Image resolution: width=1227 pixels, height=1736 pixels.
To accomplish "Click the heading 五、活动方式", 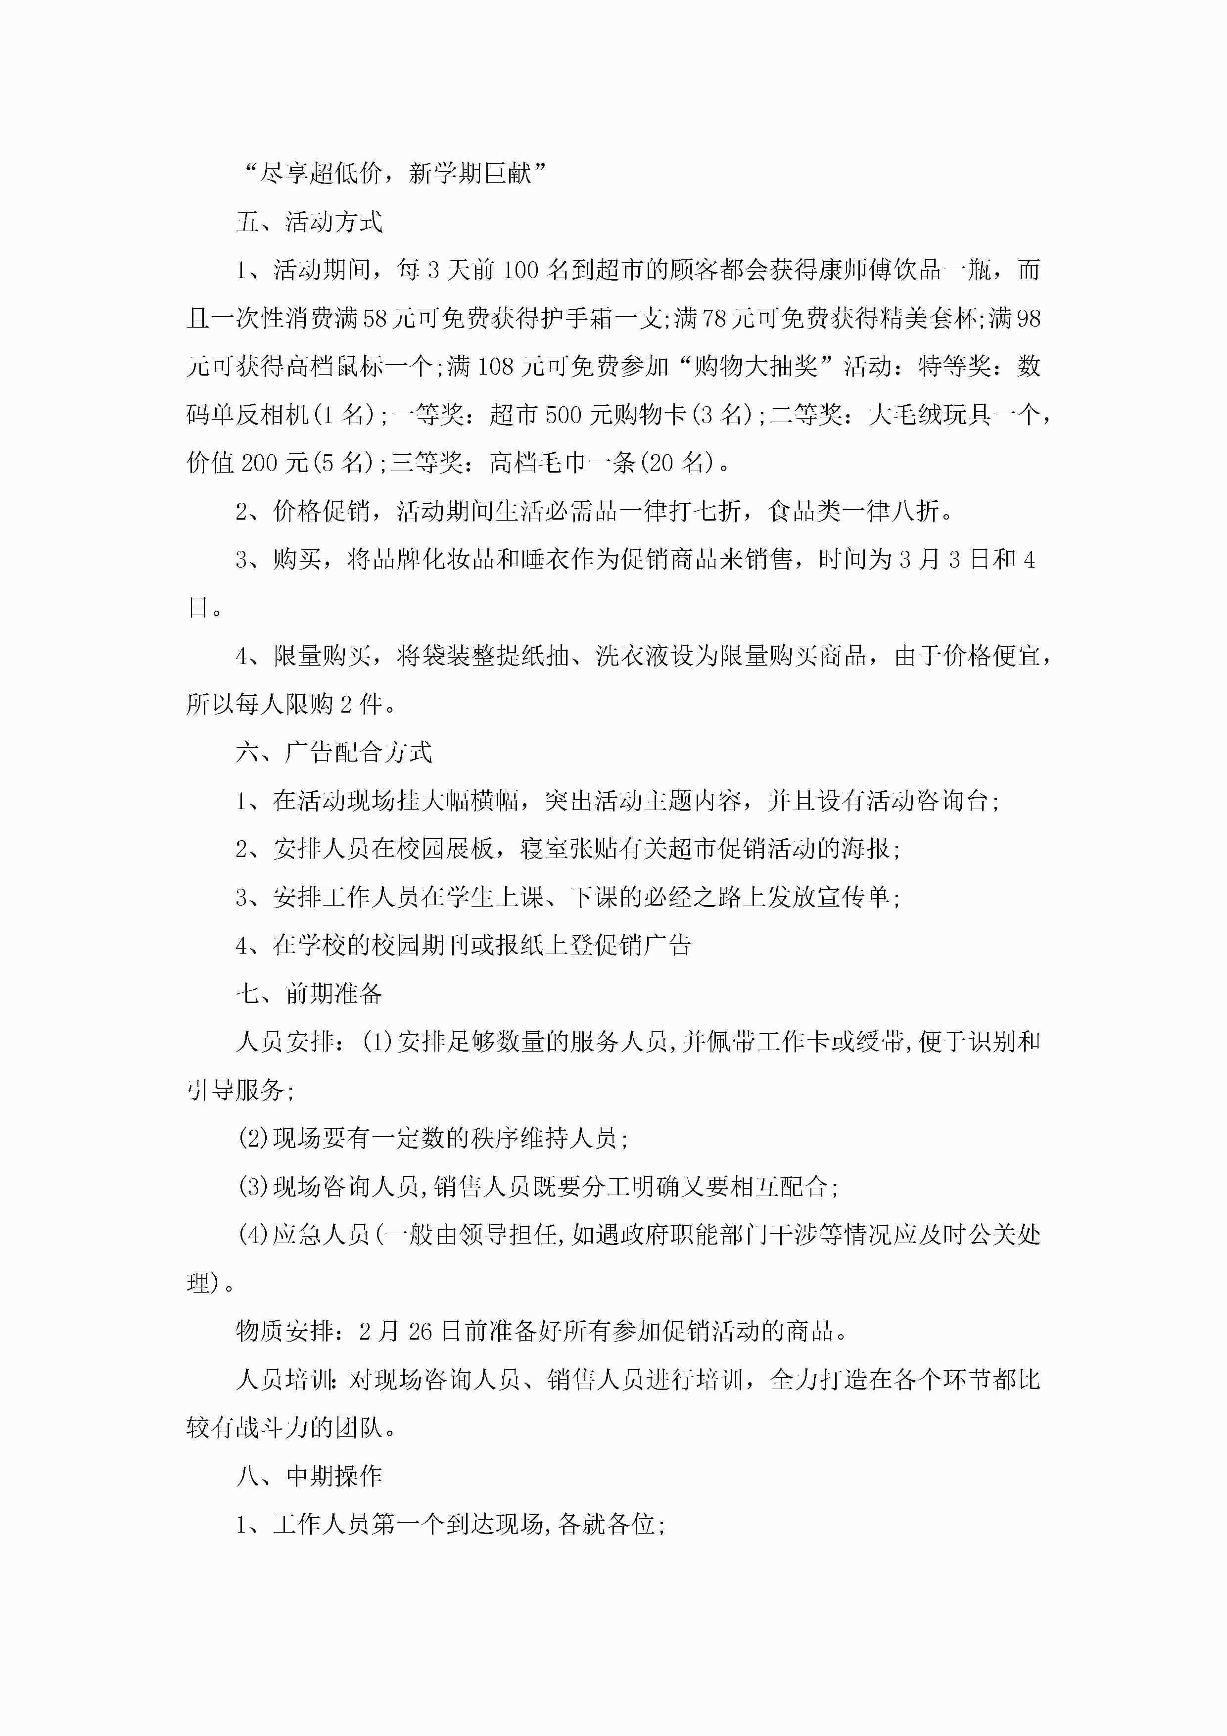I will pyautogui.click(x=309, y=222).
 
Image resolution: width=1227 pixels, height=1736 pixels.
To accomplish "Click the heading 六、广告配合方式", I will pyautogui.click(x=333, y=752).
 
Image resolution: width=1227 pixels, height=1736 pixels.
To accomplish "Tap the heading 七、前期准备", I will pyautogui.click(x=309, y=994).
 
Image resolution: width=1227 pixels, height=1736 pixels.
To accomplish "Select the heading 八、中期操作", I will pyautogui.click(x=309, y=1475).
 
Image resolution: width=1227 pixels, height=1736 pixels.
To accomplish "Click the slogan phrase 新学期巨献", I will pyautogui.click(x=470, y=173).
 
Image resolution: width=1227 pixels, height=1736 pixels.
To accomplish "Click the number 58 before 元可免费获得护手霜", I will pyautogui.click(x=375, y=318).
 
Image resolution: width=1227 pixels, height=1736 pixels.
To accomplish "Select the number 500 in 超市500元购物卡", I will pyautogui.click(x=563, y=414).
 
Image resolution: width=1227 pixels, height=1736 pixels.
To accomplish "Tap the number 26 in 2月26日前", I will pyautogui.click(x=420, y=1331).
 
